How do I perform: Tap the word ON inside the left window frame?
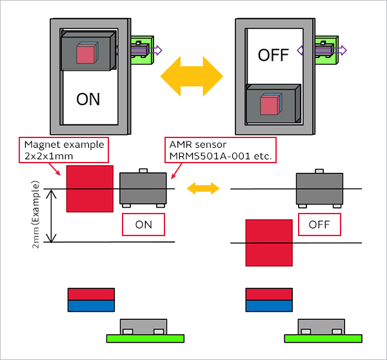coord(88,99)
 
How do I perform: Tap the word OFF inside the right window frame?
coord(273,55)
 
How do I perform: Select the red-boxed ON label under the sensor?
coord(143,224)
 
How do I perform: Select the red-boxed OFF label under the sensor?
coord(320,224)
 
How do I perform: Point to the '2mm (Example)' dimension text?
coord(36,214)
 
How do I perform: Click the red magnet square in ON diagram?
coord(90,188)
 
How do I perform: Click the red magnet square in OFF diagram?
coord(269,242)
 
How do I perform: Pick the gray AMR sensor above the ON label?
coord(143,188)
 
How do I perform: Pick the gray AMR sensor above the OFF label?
coord(319,188)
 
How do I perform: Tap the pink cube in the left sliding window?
coord(86,53)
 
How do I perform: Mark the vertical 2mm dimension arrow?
coord(54,215)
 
